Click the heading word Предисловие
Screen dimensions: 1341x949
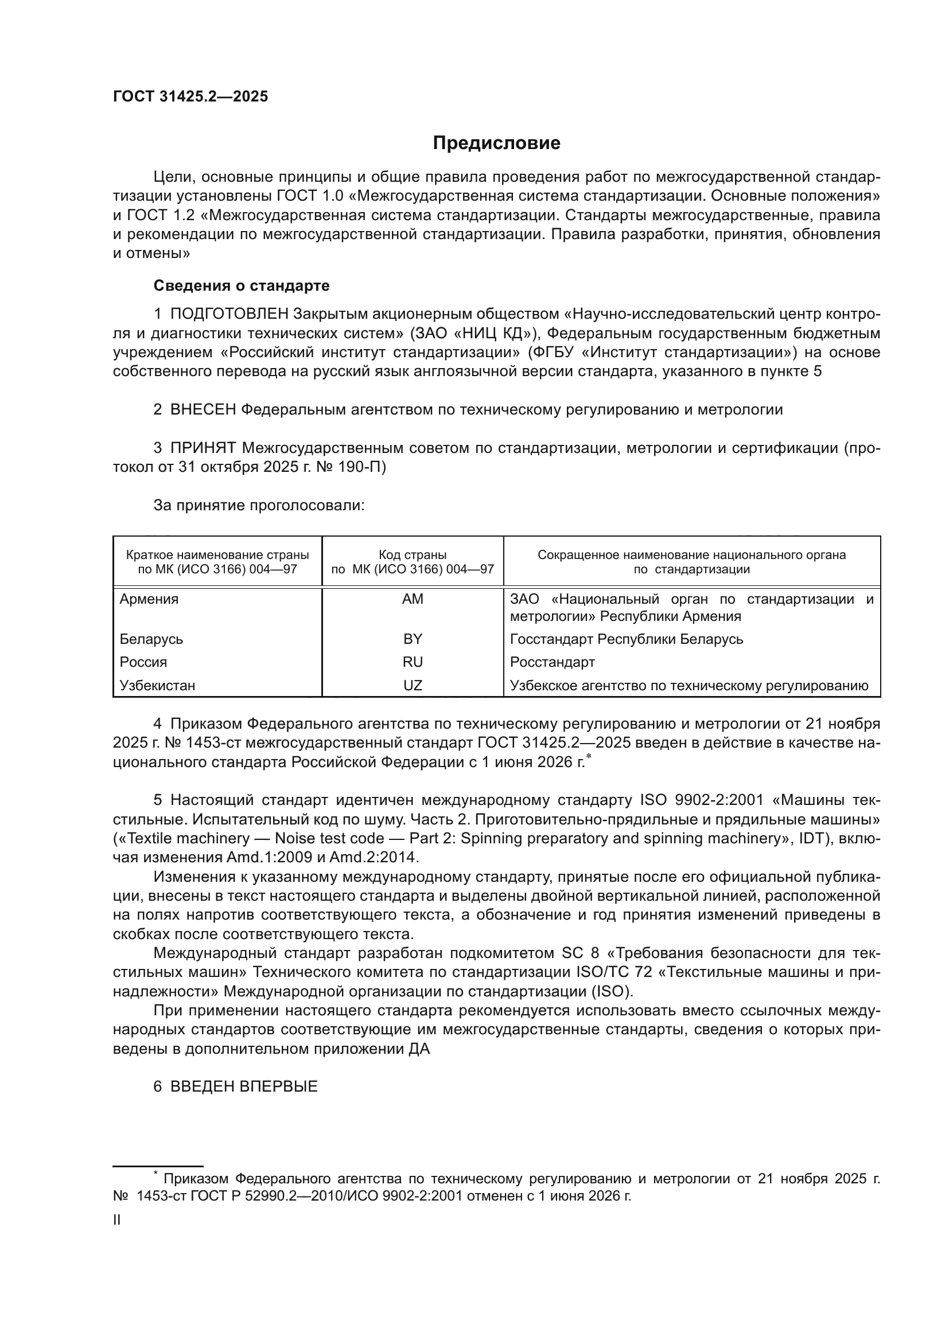[496, 143]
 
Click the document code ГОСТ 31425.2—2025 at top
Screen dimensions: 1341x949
[190, 97]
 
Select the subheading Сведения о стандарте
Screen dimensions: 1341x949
[242, 286]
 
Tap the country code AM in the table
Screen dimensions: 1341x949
[413, 599]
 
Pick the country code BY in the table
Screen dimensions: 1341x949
[413, 639]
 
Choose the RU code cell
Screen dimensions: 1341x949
[413, 662]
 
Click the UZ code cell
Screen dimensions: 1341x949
[413, 685]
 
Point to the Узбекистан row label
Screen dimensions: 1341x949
[157, 685]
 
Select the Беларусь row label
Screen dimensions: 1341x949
[151, 639]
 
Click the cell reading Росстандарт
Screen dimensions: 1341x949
[552, 662]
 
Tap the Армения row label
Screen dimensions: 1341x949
[149, 599]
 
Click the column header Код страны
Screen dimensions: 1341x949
[413, 555]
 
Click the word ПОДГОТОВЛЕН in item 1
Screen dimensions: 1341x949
[229, 314]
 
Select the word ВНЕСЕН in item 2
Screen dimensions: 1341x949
[203, 410]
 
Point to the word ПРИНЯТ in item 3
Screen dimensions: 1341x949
[203, 448]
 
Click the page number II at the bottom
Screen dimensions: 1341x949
[117, 1220]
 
